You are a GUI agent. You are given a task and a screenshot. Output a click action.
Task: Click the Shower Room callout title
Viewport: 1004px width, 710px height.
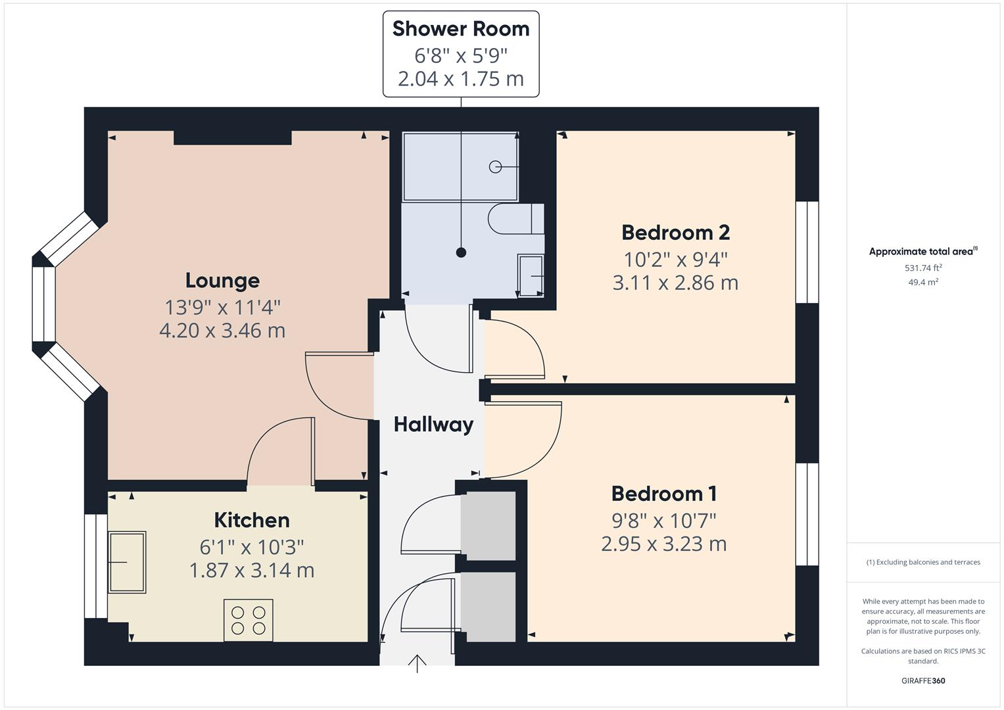coord(461,29)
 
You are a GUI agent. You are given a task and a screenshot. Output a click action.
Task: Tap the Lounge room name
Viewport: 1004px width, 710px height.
coord(222,281)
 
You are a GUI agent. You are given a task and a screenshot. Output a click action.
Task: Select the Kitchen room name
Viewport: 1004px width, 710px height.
coord(252,520)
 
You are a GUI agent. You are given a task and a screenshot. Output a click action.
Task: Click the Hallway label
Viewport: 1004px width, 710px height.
coord(433,425)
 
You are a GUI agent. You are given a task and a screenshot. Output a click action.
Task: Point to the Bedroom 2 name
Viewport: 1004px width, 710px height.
coord(675,233)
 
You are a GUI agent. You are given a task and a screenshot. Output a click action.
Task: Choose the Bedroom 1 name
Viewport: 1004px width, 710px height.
coord(664,494)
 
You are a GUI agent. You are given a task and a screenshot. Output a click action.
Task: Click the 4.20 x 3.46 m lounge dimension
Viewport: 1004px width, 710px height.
coord(222,330)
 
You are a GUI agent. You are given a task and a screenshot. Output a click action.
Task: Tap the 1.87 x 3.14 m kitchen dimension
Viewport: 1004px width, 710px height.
coord(252,570)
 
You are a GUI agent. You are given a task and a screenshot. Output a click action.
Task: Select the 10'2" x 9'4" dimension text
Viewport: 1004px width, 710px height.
coord(675,259)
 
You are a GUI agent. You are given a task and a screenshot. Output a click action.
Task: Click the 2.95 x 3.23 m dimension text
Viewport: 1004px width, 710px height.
coord(664,544)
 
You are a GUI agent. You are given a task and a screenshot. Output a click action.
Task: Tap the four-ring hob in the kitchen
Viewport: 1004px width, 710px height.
coord(249,620)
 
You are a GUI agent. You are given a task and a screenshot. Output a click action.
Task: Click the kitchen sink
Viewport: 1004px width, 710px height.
coord(127,562)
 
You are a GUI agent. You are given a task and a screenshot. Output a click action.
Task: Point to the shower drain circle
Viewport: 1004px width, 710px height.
coord(495,167)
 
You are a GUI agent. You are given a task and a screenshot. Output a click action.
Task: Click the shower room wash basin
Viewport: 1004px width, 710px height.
coord(531,275)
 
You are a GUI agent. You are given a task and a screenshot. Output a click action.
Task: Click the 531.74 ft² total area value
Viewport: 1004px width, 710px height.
coord(923,268)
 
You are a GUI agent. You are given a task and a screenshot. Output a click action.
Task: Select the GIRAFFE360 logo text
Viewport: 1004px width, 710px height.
coord(923,680)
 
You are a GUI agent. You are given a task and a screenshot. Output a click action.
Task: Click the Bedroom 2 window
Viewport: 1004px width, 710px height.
coord(807,252)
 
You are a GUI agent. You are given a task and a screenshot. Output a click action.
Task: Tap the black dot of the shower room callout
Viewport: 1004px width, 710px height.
coord(461,252)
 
